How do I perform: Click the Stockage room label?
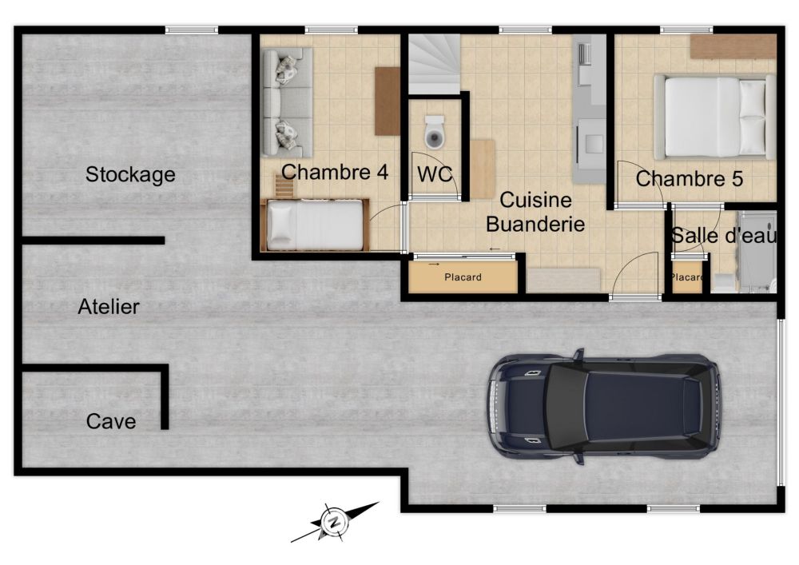point(130,175)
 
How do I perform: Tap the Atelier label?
point(109,307)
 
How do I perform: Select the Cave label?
point(111,421)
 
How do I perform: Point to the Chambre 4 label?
point(335,172)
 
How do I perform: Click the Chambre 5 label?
point(690,179)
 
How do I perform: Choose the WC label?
point(435,174)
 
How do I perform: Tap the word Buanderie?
point(535,225)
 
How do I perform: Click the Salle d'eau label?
point(724,236)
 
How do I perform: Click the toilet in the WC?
point(434,132)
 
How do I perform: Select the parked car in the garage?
point(604,407)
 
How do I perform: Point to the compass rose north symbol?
point(334,522)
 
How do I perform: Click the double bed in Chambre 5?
point(714,117)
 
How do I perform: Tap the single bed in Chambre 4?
point(315,225)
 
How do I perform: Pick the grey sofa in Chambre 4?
point(287,102)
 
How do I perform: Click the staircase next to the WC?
point(435,64)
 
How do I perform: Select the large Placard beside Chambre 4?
point(463,277)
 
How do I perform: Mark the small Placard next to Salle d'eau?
point(687,277)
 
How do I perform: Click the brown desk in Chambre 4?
point(388,101)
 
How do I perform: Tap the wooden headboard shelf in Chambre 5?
point(733,47)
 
